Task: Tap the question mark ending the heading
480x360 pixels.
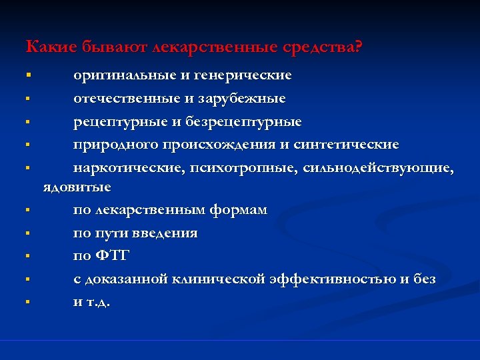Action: [x=358, y=48]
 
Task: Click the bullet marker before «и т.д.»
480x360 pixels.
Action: [x=28, y=302]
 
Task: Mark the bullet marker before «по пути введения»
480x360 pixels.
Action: [x=28, y=233]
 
